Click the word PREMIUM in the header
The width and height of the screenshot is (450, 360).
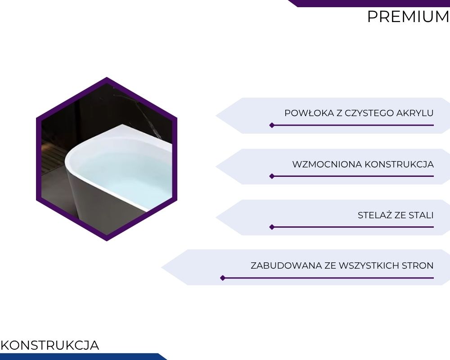(x=408, y=17)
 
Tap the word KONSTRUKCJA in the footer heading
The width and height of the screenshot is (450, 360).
(x=50, y=345)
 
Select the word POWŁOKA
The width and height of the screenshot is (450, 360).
(x=310, y=113)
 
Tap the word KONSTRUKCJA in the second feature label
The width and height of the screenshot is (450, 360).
(x=399, y=165)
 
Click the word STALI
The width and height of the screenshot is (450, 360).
(x=421, y=215)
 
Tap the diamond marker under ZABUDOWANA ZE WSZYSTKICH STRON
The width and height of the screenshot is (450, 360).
(x=223, y=278)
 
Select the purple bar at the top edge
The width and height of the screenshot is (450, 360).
(x=369, y=3)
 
